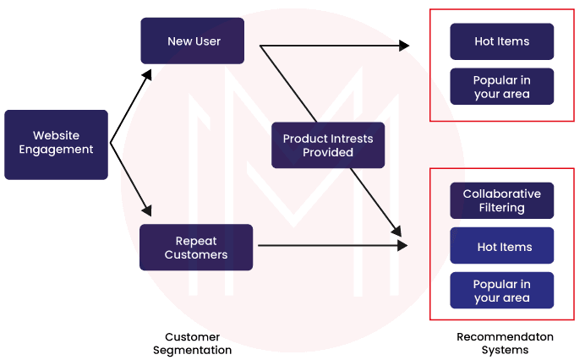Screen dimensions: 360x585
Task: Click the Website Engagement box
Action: pos(56,144)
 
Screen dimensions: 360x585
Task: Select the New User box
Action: pos(192,41)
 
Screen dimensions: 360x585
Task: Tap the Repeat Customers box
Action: pos(196,248)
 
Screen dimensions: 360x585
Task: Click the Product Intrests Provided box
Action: pos(329,145)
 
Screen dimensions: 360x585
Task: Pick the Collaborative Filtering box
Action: pos(501,201)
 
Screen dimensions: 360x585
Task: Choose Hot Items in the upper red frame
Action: pos(501,41)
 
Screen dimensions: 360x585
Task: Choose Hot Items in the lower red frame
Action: pos(501,247)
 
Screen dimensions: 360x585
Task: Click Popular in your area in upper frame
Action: pos(501,87)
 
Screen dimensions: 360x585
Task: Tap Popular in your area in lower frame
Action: pos(501,291)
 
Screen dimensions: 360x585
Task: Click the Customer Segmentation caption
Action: pos(192,343)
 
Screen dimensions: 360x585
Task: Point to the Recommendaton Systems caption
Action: pos(505,343)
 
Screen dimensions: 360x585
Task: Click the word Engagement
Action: pos(56,150)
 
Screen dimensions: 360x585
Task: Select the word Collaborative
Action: pos(501,194)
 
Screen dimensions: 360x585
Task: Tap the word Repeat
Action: pos(196,241)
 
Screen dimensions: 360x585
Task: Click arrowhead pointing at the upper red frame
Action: pos(404,46)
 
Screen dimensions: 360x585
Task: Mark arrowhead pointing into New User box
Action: pos(145,73)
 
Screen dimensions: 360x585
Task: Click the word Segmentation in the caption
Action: pos(192,350)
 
